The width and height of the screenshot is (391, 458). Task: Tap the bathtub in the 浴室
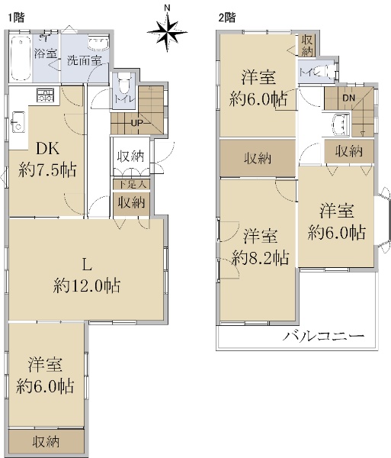[x=21, y=58]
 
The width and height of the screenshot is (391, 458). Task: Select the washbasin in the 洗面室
[x=98, y=44]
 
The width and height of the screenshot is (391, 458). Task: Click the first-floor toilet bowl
[x=124, y=82]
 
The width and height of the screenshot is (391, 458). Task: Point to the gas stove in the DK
[x=46, y=95]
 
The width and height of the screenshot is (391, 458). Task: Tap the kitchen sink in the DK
[x=18, y=122]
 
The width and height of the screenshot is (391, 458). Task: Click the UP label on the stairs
[x=137, y=123]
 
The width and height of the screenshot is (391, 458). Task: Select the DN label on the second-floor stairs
[x=349, y=98]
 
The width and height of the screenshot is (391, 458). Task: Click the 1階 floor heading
[x=16, y=18]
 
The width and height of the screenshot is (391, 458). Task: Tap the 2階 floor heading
[x=227, y=18]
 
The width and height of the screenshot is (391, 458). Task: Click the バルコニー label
[x=324, y=336]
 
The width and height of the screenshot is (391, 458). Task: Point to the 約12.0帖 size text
[x=87, y=285]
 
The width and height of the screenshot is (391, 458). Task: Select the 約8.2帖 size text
[x=261, y=258]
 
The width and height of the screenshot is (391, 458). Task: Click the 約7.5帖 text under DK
[x=47, y=169]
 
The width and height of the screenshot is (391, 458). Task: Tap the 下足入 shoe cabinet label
[x=132, y=185]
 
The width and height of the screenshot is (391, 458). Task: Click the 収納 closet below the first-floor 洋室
[x=46, y=442]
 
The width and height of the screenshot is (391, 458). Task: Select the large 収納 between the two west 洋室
[x=258, y=159]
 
